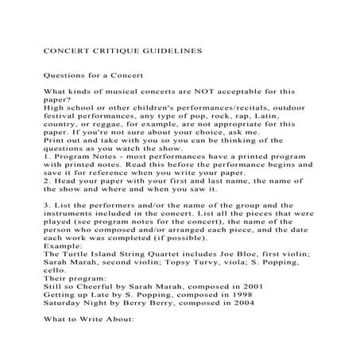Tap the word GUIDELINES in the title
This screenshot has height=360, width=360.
[x=164, y=49]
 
